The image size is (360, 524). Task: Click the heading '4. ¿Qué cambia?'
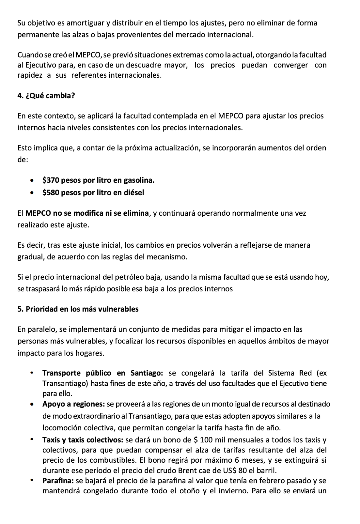(x=46, y=96)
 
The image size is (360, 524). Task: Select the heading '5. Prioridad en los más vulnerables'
(x=78, y=309)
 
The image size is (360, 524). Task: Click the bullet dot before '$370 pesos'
(x=32, y=180)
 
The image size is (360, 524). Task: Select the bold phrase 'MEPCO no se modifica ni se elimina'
(x=87, y=213)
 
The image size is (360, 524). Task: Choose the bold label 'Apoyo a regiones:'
(x=73, y=404)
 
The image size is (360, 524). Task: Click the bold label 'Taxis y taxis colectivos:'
(x=83, y=440)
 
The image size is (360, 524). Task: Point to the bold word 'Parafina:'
(x=58, y=481)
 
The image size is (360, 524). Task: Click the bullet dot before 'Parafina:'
(x=32, y=480)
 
